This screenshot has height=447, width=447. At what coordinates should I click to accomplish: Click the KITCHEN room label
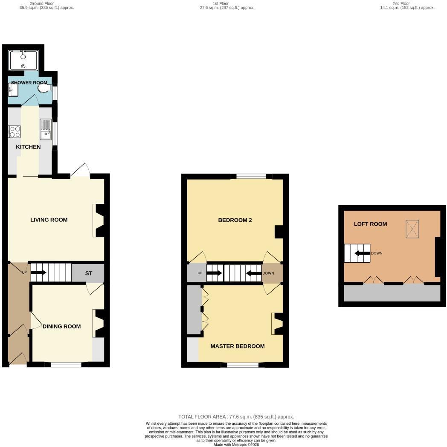(x=28, y=147)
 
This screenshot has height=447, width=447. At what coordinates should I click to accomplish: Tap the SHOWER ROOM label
(x=29, y=83)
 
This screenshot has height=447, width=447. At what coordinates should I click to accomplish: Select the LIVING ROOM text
(x=49, y=220)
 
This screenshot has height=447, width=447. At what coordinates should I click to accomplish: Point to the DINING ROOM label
(x=61, y=326)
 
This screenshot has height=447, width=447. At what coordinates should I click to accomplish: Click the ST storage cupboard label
(x=89, y=273)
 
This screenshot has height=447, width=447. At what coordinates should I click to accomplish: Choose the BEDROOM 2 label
(x=235, y=220)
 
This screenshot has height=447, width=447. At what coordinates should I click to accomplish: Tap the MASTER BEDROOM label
(x=238, y=346)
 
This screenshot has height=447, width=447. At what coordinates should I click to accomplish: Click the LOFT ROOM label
(x=370, y=224)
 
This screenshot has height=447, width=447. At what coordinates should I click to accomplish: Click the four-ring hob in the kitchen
(x=15, y=132)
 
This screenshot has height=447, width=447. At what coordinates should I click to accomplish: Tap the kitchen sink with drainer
(x=46, y=129)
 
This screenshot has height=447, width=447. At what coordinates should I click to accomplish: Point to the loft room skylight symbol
(x=412, y=229)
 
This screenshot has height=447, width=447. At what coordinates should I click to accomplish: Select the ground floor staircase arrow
(x=38, y=273)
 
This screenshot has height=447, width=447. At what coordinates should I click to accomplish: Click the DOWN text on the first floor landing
(x=268, y=273)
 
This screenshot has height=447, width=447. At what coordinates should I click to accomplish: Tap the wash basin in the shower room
(x=13, y=90)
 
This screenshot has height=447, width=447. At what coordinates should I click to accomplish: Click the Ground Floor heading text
(x=42, y=3)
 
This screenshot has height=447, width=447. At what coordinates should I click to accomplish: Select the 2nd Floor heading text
(x=401, y=3)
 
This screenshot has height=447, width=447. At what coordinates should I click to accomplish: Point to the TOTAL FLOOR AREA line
(x=236, y=417)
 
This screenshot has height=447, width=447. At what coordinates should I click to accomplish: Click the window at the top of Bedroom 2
(x=251, y=177)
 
